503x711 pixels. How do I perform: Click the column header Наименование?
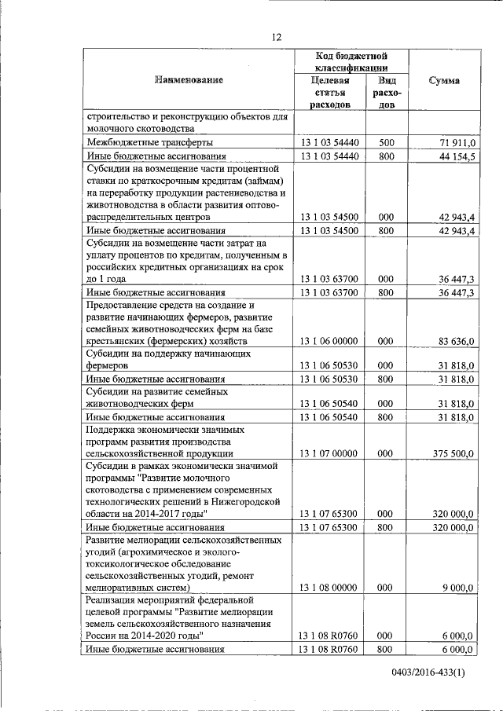pos(189,80)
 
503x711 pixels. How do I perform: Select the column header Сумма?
pos(444,80)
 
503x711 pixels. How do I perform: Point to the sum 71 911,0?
pos(455,142)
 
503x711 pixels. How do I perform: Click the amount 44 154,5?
pos(455,156)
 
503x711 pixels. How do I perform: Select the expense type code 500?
pos(385,142)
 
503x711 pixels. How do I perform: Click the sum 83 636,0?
pos(455,342)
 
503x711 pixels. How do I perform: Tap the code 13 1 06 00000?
pos(329,342)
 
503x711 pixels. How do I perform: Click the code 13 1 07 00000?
pos(329,453)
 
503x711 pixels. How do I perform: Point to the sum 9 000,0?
pos(460,587)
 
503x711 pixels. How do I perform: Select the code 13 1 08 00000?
pos(329,587)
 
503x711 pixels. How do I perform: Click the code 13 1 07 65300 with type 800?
pos(329,527)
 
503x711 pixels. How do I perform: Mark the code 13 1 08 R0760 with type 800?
pos(329,649)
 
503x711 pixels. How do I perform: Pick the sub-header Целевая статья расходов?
pos(329,93)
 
